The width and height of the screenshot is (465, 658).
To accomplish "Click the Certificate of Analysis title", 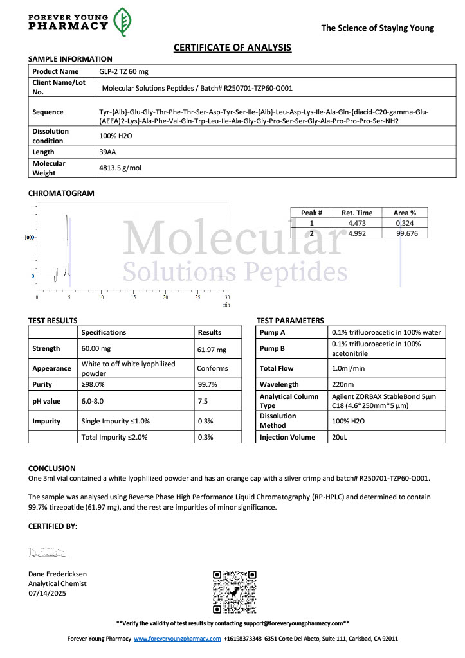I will [x=232, y=48].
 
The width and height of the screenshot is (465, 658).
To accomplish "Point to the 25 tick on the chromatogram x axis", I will [x=197, y=298].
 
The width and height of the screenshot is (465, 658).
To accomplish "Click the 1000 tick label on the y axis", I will [x=29, y=237].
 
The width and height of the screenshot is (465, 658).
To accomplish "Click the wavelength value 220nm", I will [x=343, y=385].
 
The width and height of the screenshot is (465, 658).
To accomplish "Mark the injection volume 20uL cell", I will [x=340, y=437].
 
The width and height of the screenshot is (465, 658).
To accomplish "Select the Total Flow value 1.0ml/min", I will [x=349, y=369].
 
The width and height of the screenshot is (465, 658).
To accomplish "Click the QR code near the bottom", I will [x=235, y=591].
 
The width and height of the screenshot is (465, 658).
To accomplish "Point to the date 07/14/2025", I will [x=47, y=593].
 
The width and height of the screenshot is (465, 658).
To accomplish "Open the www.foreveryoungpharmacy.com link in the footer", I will [x=177, y=639].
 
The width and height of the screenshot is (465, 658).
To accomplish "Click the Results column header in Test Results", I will [x=210, y=332].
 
